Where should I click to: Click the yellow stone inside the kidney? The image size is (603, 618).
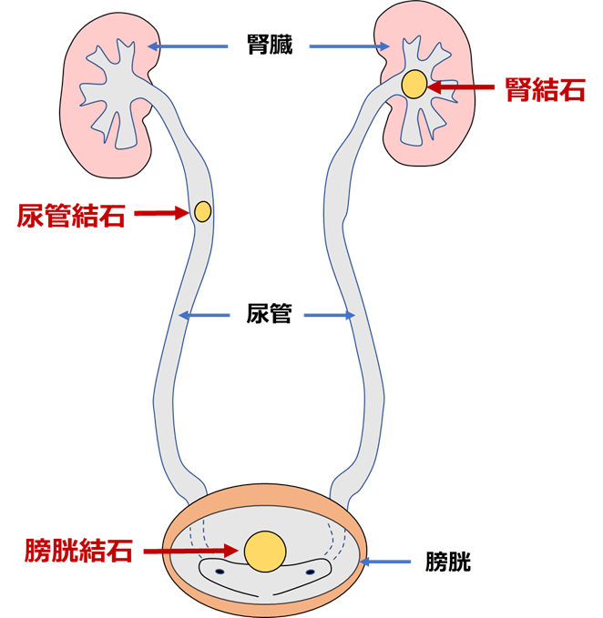(414, 85)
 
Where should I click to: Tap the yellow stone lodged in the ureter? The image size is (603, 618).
(202, 212)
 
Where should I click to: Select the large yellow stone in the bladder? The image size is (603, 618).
(265, 552)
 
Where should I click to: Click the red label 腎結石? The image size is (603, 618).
(545, 89)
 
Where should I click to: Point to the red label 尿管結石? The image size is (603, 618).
(71, 216)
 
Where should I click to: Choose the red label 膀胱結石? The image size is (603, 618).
(79, 551)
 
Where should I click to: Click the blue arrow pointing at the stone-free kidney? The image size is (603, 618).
(189, 46)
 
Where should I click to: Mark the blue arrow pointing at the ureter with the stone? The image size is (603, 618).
(204, 316)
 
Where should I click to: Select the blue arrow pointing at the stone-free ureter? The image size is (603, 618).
(329, 316)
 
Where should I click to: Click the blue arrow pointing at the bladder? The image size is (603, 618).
(386, 562)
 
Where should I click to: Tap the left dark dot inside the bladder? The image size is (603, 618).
(220, 572)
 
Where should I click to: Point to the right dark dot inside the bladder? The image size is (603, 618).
(310, 572)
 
